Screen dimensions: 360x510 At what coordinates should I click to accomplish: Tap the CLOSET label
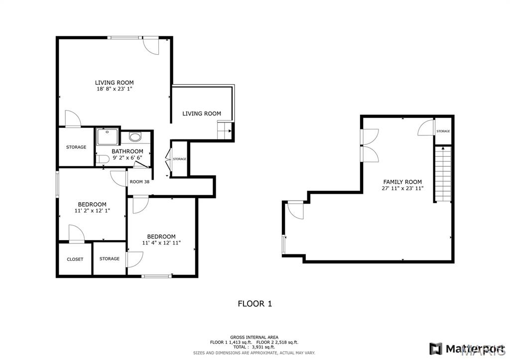click(x=75, y=259)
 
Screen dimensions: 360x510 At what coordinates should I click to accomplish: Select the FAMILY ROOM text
click(x=402, y=182)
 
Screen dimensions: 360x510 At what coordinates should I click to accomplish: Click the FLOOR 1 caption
click(x=255, y=303)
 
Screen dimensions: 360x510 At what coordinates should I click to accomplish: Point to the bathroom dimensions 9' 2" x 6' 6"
click(x=127, y=158)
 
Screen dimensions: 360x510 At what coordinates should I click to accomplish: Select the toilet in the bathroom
click(x=103, y=159)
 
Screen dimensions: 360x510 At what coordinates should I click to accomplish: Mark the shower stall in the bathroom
click(x=108, y=136)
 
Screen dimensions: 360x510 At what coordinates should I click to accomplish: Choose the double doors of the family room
click(x=370, y=145)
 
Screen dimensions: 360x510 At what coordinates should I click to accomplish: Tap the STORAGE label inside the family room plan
click(x=443, y=131)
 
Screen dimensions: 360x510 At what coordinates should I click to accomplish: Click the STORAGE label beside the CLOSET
click(x=109, y=258)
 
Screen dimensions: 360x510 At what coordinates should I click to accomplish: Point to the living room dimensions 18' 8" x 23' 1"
click(x=114, y=89)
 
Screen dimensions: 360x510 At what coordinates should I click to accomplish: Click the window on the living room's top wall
click(x=124, y=37)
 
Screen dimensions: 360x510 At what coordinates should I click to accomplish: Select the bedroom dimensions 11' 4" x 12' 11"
click(x=161, y=243)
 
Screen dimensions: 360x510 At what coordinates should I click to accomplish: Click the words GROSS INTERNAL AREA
click(x=254, y=337)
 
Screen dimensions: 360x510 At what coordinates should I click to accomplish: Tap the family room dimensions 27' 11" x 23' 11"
click(x=402, y=189)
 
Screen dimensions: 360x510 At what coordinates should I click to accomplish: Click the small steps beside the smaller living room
click(x=225, y=131)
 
